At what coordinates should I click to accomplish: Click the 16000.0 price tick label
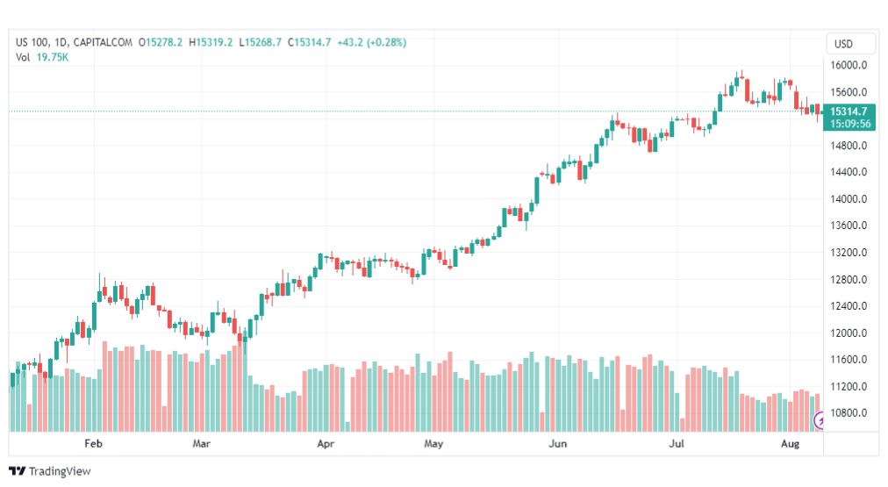point(849,65)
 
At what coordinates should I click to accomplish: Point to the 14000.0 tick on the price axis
point(849,199)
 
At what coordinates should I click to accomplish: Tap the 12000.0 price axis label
point(849,333)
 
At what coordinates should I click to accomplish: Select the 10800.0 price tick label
point(849,412)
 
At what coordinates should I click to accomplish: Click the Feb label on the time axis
point(93,443)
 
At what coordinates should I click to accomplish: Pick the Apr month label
point(326,443)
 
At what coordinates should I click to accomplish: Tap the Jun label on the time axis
point(558,443)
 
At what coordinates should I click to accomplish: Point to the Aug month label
point(790,443)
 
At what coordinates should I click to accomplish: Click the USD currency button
point(843,44)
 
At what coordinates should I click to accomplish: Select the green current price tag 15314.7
point(849,111)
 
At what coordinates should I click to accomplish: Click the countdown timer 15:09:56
point(850,124)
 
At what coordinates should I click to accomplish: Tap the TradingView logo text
point(60,471)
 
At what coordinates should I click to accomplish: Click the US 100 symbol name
point(32,42)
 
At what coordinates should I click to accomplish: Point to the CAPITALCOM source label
point(103,42)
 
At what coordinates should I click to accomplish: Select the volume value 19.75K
point(53,57)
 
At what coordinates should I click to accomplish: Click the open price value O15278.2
point(161,42)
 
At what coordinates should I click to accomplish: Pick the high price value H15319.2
point(211,42)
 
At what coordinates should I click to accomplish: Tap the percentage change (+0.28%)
point(387,42)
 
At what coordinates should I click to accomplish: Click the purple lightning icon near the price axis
point(819,420)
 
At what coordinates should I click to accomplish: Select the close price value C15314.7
point(309,42)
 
